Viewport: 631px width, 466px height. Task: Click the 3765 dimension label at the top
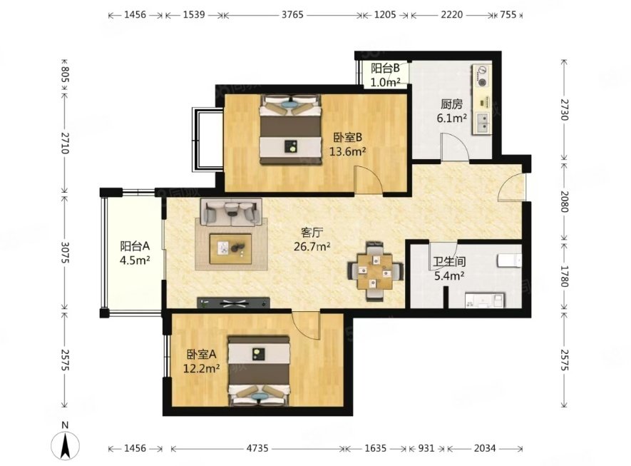(292, 15)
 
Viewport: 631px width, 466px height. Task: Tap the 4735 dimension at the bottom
(257, 448)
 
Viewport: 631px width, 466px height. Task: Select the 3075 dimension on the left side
(65, 253)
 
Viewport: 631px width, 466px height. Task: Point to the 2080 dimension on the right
(564, 201)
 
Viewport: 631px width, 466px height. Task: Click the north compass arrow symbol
(65, 445)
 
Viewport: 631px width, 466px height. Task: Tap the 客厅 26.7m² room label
(312, 239)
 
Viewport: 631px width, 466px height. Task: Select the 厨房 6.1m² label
(451, 111)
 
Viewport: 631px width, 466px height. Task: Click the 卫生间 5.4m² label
(449, 268)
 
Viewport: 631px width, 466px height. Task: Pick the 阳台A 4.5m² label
(135, 253)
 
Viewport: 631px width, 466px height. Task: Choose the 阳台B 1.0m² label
(385, 75)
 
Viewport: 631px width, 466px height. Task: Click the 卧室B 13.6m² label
(348, 144)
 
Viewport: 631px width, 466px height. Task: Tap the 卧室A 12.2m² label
(201, 361)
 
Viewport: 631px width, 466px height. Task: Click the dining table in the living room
(376, 271)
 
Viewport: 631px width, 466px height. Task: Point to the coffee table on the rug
(230, 249)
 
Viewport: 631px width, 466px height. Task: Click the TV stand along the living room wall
(233, 303)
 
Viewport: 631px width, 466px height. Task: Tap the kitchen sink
(482, 123)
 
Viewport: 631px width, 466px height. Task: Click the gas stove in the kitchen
(482, 76)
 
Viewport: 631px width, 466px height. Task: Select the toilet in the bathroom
(510, 260)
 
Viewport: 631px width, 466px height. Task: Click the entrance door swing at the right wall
(511, 188)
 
